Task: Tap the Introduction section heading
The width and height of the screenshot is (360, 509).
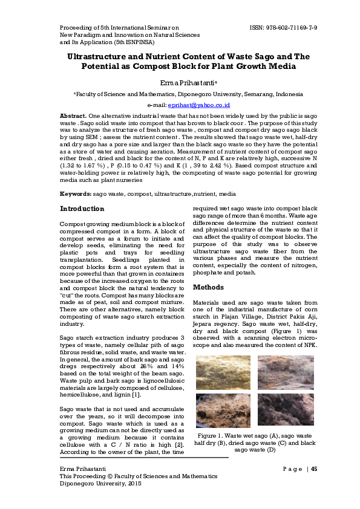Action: pos(82,209)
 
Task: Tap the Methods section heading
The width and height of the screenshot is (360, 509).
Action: pos(208,287)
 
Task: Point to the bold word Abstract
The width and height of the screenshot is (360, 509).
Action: pos(72,115)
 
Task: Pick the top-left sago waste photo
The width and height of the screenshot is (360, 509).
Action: pos(223,373)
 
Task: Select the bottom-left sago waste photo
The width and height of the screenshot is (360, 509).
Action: pos(223,410)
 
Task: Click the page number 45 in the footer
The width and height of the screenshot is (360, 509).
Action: pos(314,469)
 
